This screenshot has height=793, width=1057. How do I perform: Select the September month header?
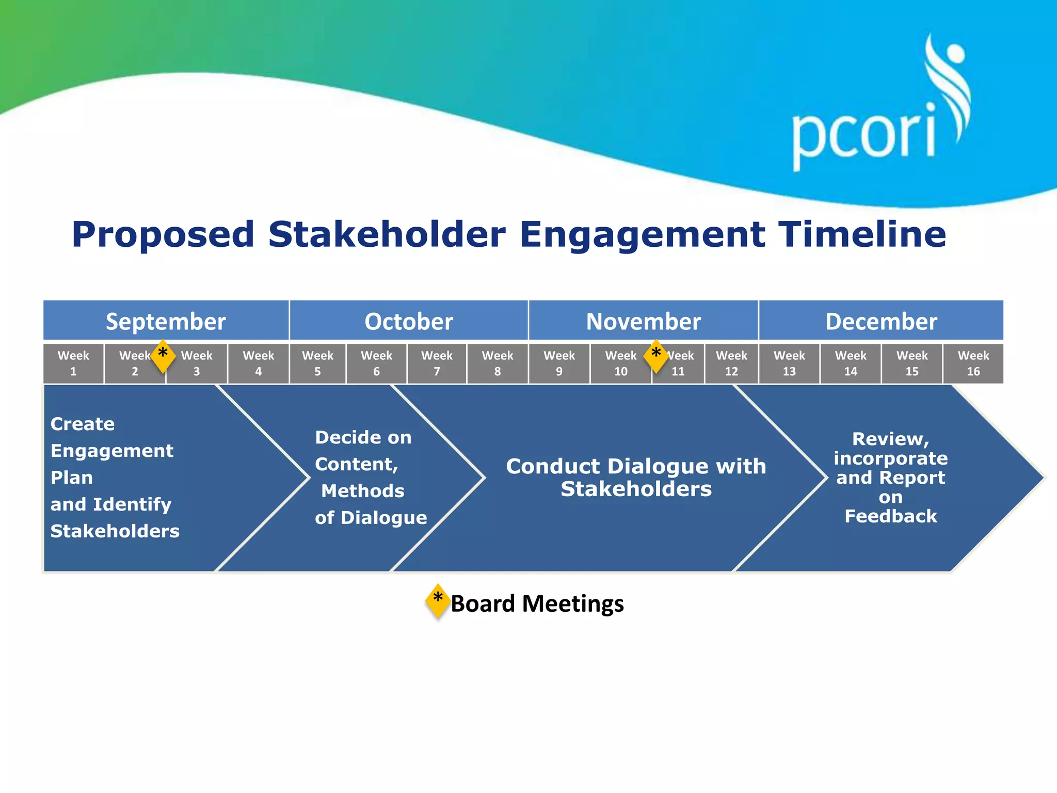[166, 321]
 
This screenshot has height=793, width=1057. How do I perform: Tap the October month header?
[409, 321]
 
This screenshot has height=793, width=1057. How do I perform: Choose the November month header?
[643, 321]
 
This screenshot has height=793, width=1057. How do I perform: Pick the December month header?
[881, 321]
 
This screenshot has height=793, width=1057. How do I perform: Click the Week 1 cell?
[73, 363]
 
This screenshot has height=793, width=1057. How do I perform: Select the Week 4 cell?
[258, 363]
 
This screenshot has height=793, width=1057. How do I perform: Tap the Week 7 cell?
[437, 363]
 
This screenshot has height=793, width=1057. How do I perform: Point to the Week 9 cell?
[559, 363]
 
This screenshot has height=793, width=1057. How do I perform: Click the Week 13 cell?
[789, 363]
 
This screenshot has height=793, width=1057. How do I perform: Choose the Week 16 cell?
[973, 363]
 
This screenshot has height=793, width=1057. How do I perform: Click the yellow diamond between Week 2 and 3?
[163, 356]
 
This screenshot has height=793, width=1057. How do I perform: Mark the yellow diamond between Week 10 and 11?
[656, 356]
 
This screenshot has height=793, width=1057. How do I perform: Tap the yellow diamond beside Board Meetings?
[438, 601]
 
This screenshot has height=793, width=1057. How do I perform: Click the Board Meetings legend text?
[537, 604]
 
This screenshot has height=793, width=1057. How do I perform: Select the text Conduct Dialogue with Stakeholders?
[636, 478]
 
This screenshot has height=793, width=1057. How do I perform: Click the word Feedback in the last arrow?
[890, 516]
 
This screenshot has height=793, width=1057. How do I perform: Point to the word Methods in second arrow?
[363, 491]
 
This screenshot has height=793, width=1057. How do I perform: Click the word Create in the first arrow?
[83, 424]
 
